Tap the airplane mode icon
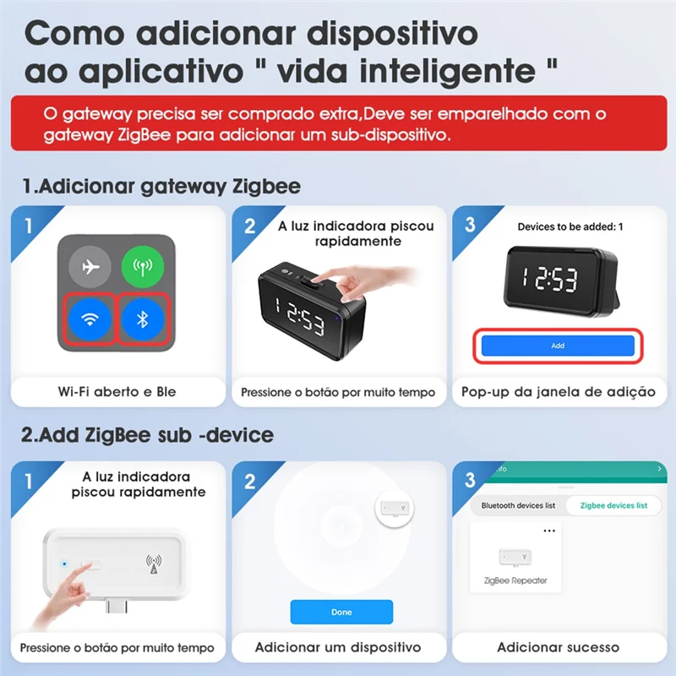[x=90, y=269]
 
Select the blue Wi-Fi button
[x=90, y=319]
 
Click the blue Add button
[x=558, y=346]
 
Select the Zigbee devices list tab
[x=613, y=505]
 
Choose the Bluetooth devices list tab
[x=518, y=505]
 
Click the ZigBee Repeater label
[x=515, y=581]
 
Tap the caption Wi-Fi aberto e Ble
[x=118, y=391]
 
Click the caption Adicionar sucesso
[x=558, y=647]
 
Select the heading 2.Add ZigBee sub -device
[x=147, y=436]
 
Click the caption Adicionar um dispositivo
[x=338, y=647]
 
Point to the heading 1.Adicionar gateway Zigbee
[x=161, y=187]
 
